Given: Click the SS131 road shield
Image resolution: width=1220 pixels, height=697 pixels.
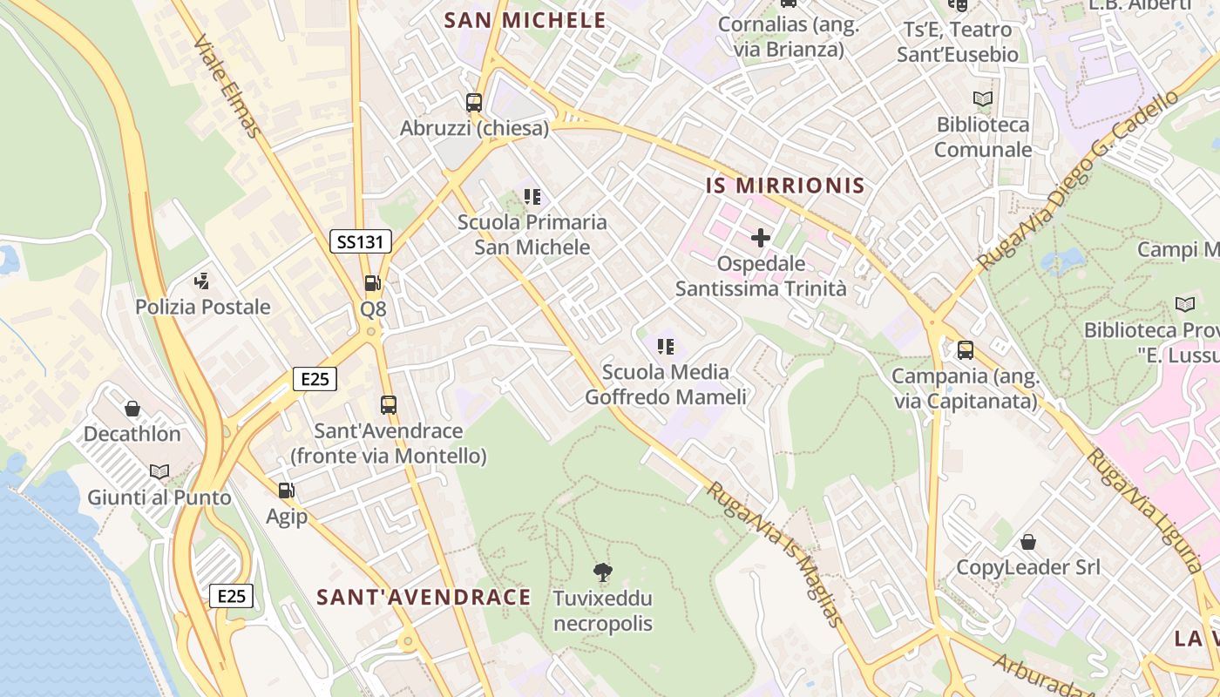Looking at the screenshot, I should click(x=361, y=241).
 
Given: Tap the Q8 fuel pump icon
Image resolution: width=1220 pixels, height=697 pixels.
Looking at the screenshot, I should click(x=372, y=282).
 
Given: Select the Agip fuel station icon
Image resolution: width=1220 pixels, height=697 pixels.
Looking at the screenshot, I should click(x=286, y=491).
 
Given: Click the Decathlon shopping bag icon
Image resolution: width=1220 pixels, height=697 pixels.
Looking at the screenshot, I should click(x=132, y=408).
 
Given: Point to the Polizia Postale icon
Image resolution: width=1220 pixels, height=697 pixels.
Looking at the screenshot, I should click(x=202, y=281).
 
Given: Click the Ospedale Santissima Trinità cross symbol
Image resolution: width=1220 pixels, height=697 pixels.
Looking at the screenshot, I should click(x=761, y=237).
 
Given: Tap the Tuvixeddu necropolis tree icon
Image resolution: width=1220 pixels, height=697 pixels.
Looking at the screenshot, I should click(x=602, y=572).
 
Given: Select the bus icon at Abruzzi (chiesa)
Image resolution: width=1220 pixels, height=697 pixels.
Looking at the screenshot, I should click(x=474, y=102).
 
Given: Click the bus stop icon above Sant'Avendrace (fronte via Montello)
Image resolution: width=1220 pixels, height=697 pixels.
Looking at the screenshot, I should click(x=389, y=404).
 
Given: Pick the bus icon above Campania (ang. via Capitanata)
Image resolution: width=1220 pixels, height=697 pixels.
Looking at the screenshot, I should click(x=966, y=350).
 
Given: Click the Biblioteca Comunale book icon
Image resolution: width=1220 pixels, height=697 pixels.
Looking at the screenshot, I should click(x=983, y=99).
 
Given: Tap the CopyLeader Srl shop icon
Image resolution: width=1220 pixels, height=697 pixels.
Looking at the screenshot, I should click(x=1028, y=542).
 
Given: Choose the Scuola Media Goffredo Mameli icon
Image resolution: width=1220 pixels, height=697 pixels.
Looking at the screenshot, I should click(x=666, y=347).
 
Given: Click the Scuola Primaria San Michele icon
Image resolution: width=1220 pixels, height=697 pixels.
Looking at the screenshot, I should click(x=532, y=197).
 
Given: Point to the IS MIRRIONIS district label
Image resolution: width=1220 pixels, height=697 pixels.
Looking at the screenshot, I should click(x=785, y=185).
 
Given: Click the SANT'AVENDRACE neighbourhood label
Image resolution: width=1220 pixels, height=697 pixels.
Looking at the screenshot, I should click(x=424, y=597).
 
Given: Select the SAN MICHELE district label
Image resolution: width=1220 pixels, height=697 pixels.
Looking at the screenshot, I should click(x=525, y=20).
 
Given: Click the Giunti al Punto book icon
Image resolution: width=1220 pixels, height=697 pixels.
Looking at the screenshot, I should click(x=159, y=471).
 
